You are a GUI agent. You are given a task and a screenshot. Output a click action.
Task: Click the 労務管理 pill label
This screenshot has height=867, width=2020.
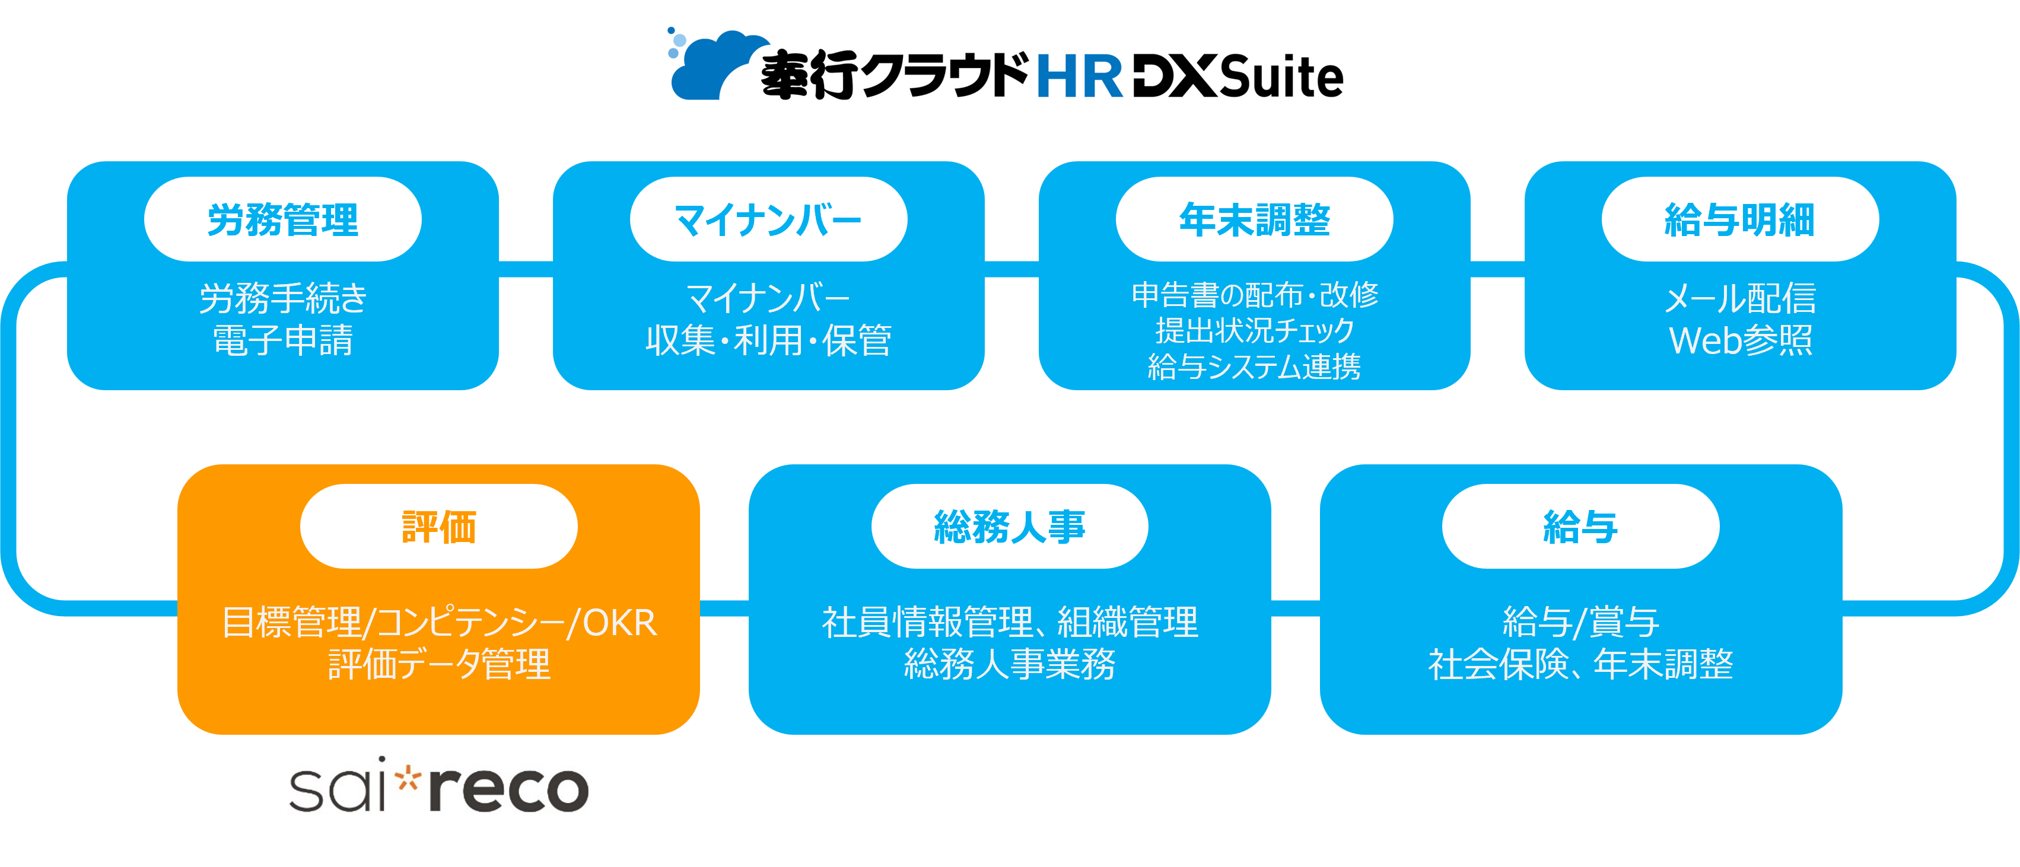click(283, 219)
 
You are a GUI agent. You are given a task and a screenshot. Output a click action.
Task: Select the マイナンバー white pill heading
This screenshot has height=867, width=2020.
click(768, 219)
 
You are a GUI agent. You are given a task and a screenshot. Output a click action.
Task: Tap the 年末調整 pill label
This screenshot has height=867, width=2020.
click(1254, 219)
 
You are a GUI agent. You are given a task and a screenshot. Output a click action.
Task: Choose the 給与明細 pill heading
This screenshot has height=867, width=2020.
click(1739, 219)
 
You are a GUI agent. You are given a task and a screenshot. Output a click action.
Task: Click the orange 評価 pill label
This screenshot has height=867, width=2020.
click(438, 527)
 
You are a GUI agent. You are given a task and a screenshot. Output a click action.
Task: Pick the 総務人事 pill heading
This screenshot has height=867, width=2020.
click(1009, 527)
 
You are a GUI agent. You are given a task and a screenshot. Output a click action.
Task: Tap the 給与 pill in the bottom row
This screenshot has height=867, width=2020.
click(1580, 527)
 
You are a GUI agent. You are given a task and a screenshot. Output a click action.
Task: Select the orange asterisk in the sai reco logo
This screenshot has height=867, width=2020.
click(408, 779)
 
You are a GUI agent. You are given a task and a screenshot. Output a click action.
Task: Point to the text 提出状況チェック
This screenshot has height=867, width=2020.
click(1254, 331)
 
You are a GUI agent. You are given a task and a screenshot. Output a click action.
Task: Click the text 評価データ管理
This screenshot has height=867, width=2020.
click(438, 665)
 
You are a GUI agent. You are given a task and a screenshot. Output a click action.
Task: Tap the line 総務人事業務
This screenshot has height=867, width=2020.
click(1009, 665)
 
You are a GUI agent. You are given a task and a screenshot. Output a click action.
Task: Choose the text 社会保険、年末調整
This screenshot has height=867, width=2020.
click(1580, 665)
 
